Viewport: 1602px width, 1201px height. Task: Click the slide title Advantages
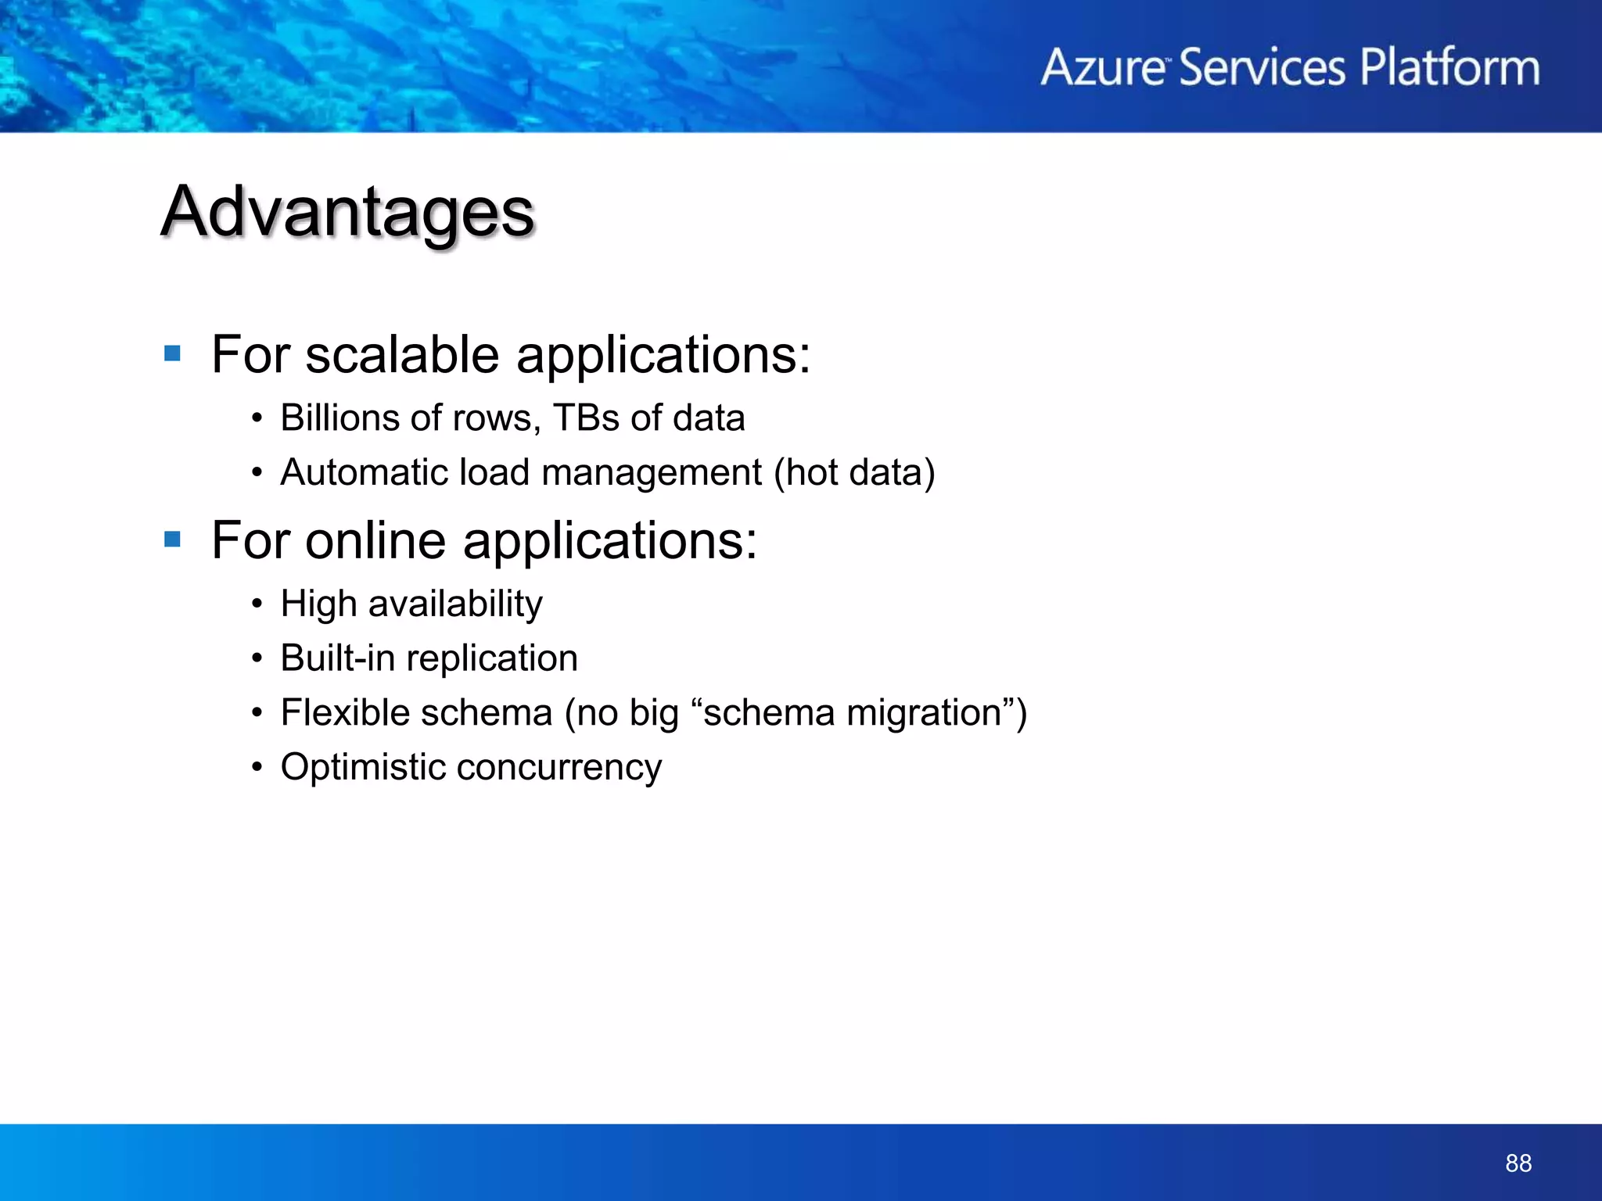coord(348,213)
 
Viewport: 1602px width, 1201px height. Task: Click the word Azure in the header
coord(1103,67)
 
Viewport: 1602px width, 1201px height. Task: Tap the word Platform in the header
coord(1449,67)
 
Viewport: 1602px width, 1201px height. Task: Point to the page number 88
coord(1518,1163)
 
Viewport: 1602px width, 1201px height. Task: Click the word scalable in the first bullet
coord(402,355)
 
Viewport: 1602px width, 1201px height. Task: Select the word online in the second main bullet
coord(375,540)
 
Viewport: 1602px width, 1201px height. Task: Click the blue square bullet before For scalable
coord(173,354)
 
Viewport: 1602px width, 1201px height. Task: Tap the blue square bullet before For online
coord(173,540)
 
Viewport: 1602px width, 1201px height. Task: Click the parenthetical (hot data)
coord(854,472)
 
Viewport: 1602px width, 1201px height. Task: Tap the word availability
coord(455,604)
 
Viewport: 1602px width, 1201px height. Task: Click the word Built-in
coord(337,658)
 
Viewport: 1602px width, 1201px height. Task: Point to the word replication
coord(492,659)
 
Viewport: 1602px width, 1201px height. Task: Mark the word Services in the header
coord(1262,67)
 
